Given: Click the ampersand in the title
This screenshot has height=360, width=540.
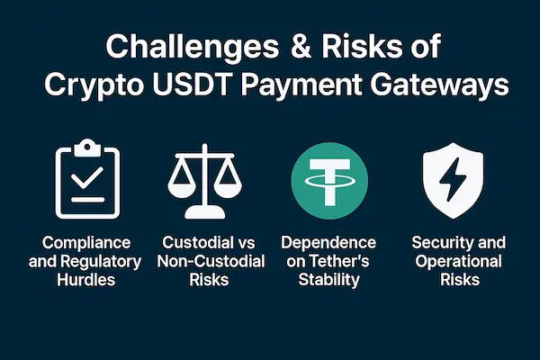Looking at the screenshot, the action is pyautogui.click(x=301, y=46).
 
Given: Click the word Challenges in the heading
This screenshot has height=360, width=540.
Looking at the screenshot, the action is pyautogui.click(x=193, y=48).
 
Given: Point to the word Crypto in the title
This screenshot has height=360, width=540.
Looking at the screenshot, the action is pyautogui.click(x=94, y=86).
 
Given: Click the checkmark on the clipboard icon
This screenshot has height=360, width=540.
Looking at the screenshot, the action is pyautogui.click(x=87, y=177).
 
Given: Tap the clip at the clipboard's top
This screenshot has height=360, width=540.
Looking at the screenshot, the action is pyautogui.click(x=87, y=148).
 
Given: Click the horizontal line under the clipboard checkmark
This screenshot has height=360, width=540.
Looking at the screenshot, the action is pyautogui.click(x=87, y=200).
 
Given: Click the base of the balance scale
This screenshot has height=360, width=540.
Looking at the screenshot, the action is pyautogui.click(x=205, y=212).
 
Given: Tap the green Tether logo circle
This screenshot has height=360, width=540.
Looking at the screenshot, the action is pyautogui.click(x=329, y=181).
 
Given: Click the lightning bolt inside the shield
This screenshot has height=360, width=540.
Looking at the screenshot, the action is pyautogui.click(x=453, y=179).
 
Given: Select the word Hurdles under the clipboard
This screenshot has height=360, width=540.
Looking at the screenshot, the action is pyautogui.click(x=86, y=279).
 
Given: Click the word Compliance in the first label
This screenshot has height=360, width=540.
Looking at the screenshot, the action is pyautogui.click(x=86, y=243).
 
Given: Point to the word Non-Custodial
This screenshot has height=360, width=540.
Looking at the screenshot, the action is pyautogui.click(x=211, y=261).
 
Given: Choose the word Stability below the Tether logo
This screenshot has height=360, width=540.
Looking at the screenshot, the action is pyautogui.click(x=328, y=280).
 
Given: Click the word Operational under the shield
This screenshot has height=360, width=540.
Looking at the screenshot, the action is pyautogui.click(x=458, y=262).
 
